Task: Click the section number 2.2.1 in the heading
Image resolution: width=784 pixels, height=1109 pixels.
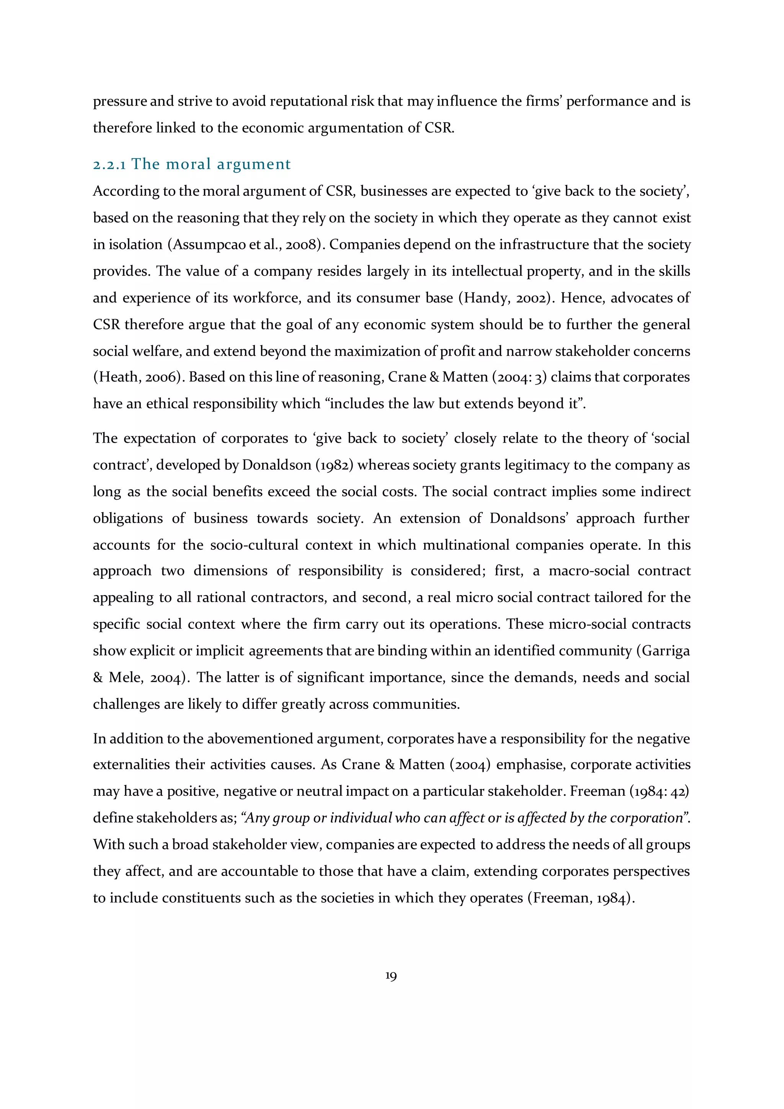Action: pyautogui.click(x=109, y=165)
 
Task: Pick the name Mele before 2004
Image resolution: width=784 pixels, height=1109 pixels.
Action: pyautogui.click(x=126, y=678)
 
